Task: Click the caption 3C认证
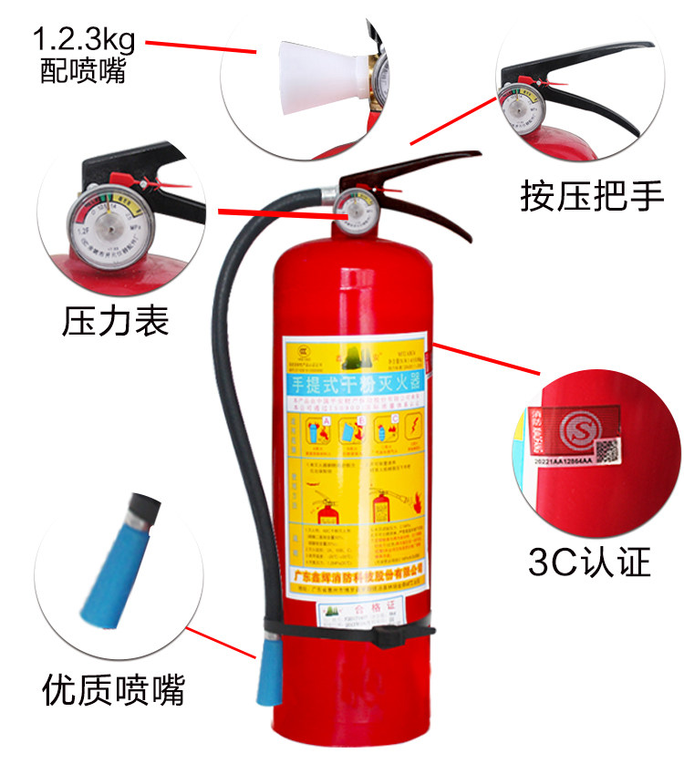pyautogui.click(x=590, y=563)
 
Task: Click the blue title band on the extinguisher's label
pyautogui.click(x=355, y=382)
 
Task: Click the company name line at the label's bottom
pyautogui.click(x=356, y=575)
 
